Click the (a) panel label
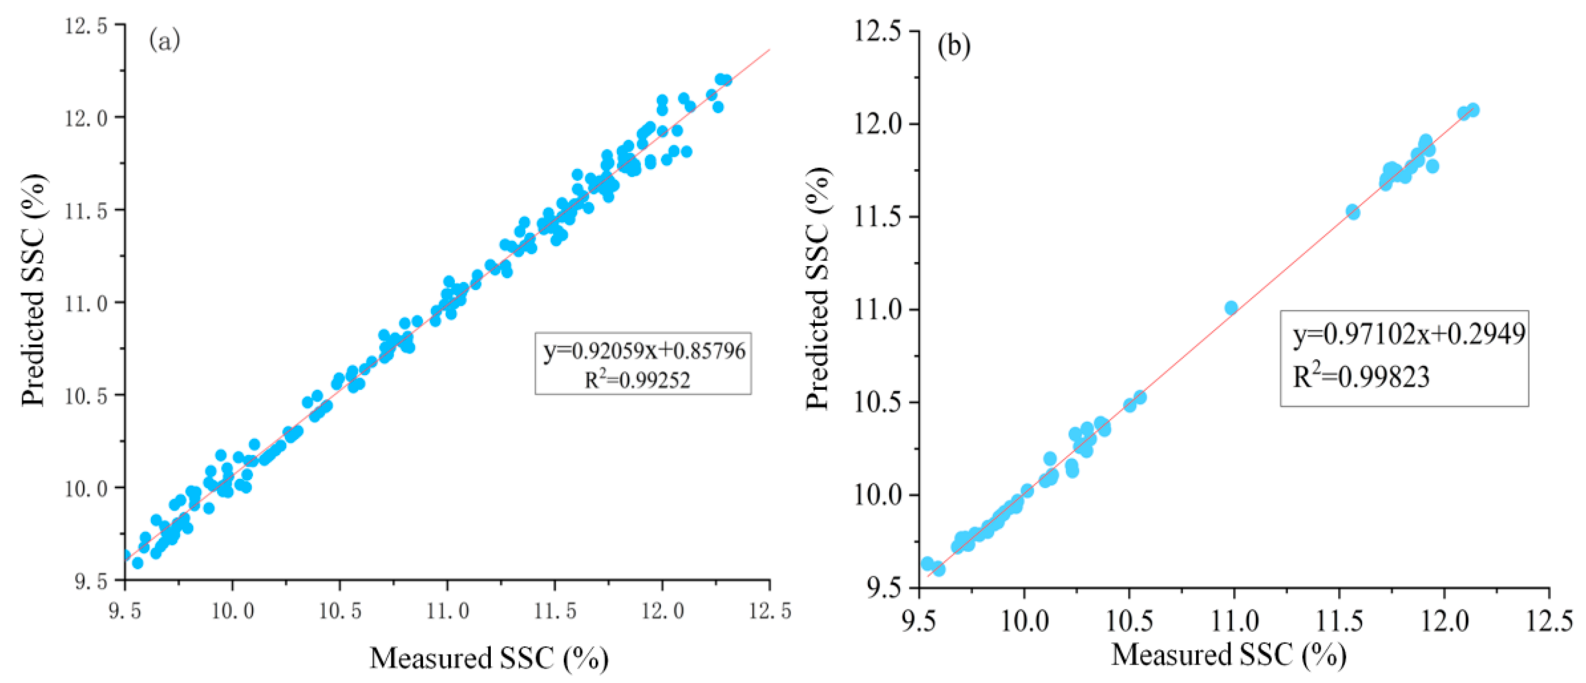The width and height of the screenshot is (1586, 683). tap(165, 41)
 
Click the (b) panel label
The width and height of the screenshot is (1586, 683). tap(953, 47)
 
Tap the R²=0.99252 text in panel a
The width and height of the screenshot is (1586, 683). tap(637, 379)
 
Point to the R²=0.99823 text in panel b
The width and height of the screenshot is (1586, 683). tap(1361, 376)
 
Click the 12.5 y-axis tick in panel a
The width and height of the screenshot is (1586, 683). tap(86, 26)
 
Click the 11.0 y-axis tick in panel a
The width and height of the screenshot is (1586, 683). tap(86, 303)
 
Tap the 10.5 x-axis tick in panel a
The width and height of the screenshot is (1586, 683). tap(339, 611)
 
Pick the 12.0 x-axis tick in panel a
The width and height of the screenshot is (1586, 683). tap(662, 611)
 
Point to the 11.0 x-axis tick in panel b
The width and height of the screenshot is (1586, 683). tap(1234, 621)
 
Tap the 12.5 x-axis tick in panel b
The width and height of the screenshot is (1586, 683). tap(1549, 621)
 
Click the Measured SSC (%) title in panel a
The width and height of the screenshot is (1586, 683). tap(489, 658)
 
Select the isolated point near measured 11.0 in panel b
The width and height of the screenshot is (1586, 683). tap(1231, 308)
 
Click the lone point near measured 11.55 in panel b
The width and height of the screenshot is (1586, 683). tap(1353, 212)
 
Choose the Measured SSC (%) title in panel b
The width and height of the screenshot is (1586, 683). tap(1228, 655)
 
